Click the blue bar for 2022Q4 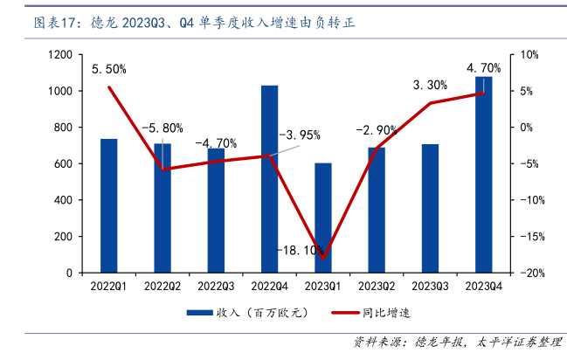click(269, 179)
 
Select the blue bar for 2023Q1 click(323, 218)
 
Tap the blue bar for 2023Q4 click(483, 175)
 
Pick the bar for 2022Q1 click(108, 206)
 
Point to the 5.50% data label click(109, 69)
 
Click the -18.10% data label click(301, 251)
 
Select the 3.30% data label click(430, 85)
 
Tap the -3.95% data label click(300, 135)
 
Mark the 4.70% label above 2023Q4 click(483, 67)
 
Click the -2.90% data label click(376, 129)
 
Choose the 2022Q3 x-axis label click(216, 286)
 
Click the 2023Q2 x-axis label click(376, 286)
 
